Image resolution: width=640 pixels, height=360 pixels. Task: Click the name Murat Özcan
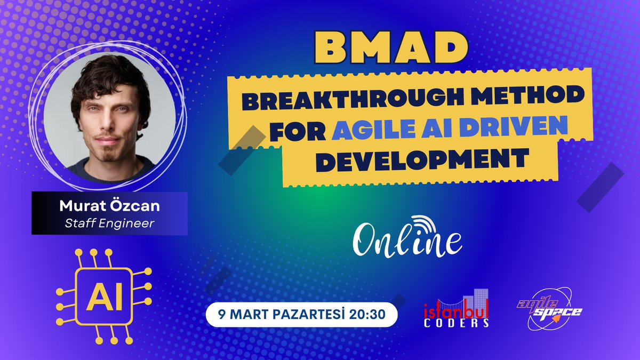coord(109,205)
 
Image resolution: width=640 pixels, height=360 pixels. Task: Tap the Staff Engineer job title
coord(109,223)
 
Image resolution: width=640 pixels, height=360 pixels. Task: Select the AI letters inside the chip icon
coord(104,297)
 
